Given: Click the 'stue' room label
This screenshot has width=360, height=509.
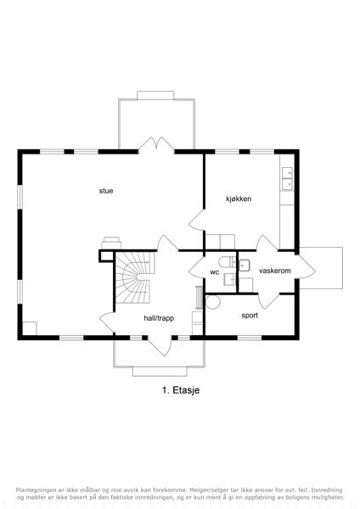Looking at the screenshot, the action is click(x=106, y=191).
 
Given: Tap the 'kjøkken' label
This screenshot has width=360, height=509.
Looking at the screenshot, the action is click(x=239, y=199).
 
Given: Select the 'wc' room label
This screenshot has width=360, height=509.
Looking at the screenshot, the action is click(x=215, y=272).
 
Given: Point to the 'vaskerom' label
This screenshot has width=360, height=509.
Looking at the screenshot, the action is click(x=275, y=271).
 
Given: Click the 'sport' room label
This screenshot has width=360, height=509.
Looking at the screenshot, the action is click(x=250, y=316).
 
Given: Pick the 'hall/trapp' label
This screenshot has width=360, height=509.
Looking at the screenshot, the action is click(x=159, y=318).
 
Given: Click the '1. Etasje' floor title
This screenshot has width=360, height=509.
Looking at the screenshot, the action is click(x=181, y=390).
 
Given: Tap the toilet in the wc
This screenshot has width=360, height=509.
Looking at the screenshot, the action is click(x=227, y=261).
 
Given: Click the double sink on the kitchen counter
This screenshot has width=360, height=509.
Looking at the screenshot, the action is click(x=287, y=178).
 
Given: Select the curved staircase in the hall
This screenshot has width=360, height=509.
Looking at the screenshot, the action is click(x=135, y=277).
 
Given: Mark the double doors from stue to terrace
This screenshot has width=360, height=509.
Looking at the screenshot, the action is click(x=156, y=144).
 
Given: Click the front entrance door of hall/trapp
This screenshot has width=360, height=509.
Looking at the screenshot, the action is click(x=160, y=345).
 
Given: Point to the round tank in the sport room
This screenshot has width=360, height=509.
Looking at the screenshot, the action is click(x=213, y=302).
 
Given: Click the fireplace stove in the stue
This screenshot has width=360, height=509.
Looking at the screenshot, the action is click(x=111, y=243).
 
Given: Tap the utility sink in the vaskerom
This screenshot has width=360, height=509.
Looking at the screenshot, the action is click(x=245, y=266).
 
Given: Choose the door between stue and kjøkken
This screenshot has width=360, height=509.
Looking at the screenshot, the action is click(x=197, y=221).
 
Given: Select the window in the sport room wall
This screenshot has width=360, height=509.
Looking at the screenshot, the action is click(x=250, y=338).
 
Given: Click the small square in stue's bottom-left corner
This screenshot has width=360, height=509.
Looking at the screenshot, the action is click(x=30, y=328).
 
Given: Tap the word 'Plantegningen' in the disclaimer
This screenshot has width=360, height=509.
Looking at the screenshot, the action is click(x=36, y=489).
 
